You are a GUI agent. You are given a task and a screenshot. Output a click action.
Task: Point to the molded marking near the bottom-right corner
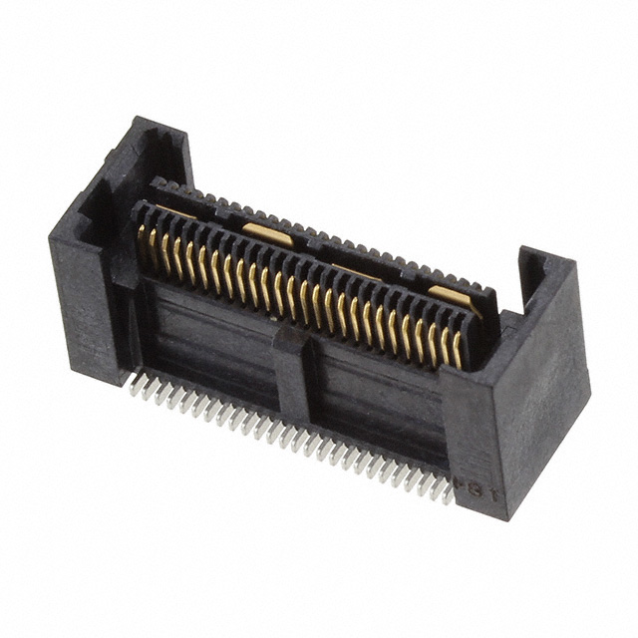[471, 487]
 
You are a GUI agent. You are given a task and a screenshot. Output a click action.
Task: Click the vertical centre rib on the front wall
[293, 374]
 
